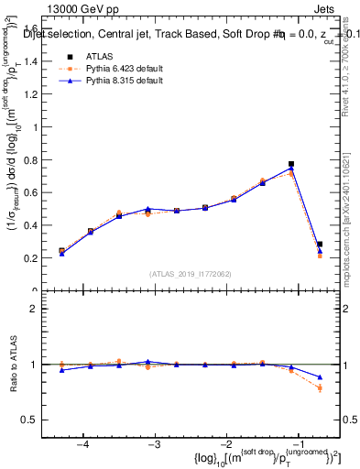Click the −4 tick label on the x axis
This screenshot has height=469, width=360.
(83, 444)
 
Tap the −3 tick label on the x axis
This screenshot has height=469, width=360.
(155, 444)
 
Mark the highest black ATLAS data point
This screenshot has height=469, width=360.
(291, 164)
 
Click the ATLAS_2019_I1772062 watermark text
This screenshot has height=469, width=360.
(191, 274)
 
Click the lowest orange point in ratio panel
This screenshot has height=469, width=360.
(320, 388)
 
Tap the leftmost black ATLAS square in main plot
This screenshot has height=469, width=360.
(61, 250)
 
